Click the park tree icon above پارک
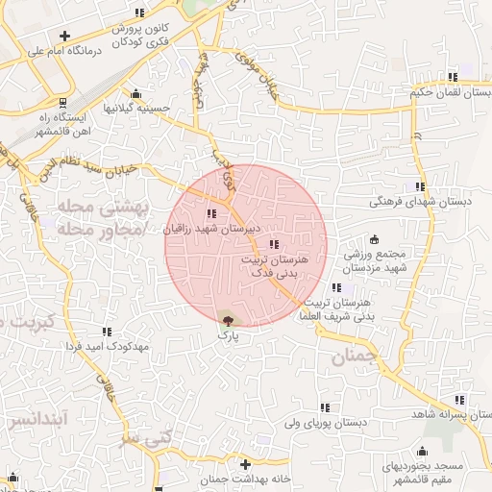coord(228,321)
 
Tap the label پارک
coord(228,336)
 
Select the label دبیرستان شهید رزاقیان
coord(209,230)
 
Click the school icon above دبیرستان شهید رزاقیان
coord(211,214)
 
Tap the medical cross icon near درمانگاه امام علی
coord(63,36)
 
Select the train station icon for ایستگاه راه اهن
coord(63,101)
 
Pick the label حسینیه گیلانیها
coord(136,108)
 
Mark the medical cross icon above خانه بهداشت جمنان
coord(246,464)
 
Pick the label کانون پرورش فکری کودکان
coord(140,35)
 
